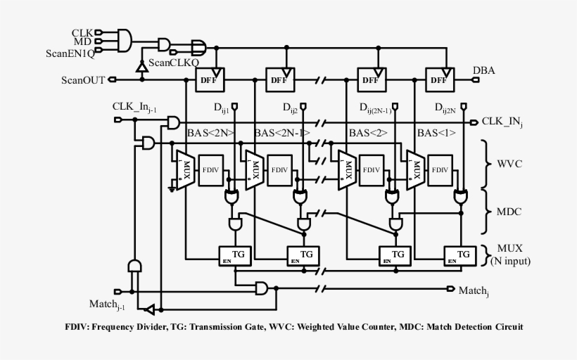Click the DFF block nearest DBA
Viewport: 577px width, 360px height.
[x=438, y=80]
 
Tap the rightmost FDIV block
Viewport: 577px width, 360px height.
[x=440, y=170]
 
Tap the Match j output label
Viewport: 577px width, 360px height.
[x=473, y=290]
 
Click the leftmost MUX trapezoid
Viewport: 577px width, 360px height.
[x=185, y=169]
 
